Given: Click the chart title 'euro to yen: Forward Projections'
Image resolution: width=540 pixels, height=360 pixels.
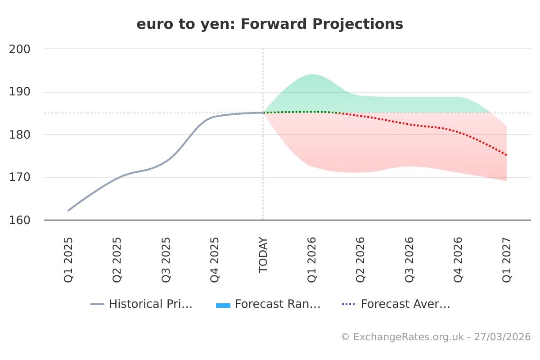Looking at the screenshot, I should (270, 24).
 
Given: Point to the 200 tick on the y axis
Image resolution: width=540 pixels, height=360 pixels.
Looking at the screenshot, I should (20, 49).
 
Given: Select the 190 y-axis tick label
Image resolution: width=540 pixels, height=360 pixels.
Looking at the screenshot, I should (20, 92).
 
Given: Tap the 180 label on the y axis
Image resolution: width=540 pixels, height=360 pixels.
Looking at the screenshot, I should (20, 135).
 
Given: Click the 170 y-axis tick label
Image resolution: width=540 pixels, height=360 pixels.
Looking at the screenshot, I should (20, 177).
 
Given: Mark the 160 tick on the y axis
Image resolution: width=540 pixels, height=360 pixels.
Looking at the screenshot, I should (20, 220).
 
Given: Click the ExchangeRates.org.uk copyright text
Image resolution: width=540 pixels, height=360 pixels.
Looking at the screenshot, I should (436, 337).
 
